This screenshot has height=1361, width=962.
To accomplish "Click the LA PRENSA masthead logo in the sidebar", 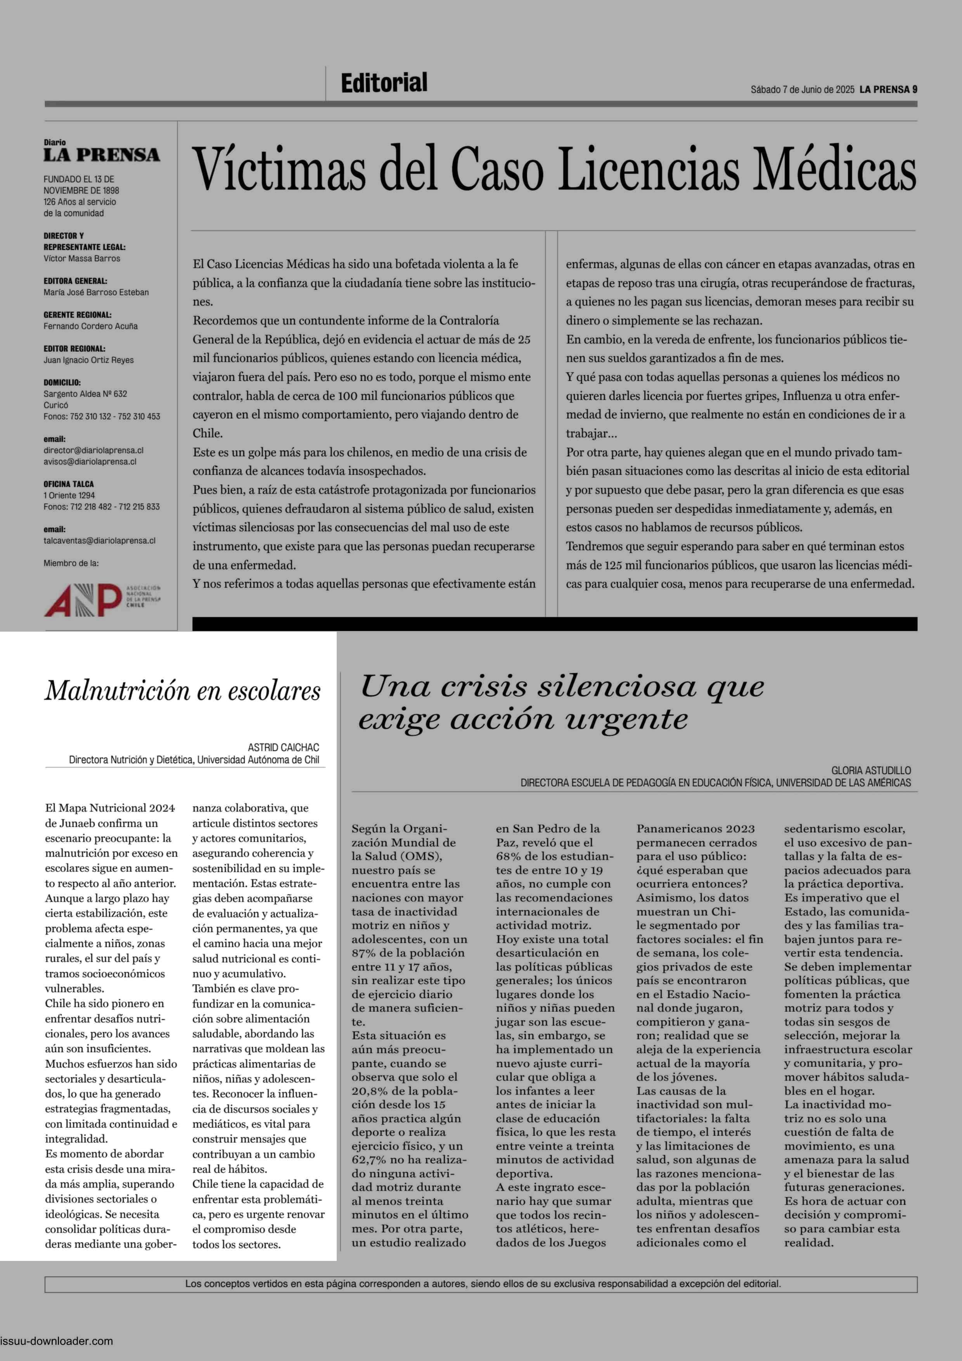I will point(101,155).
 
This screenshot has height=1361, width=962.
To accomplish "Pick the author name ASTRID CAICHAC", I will point(283,748).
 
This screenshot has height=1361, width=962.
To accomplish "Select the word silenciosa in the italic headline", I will point(616,687).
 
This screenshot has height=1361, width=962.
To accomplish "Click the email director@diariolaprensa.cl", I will point(93,450).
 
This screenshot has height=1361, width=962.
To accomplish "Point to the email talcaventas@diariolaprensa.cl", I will point(99,540).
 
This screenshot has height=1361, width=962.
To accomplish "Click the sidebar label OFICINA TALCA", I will point(68,484).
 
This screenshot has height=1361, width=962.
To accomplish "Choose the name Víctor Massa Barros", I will point(82,258).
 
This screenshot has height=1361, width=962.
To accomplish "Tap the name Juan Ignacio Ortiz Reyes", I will point(88,360).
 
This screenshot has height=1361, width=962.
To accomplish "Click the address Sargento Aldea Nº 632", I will point(85,394).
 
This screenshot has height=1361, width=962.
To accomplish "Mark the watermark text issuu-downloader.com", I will point(56,1341).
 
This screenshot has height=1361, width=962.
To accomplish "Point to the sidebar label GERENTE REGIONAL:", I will point(77,315).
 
